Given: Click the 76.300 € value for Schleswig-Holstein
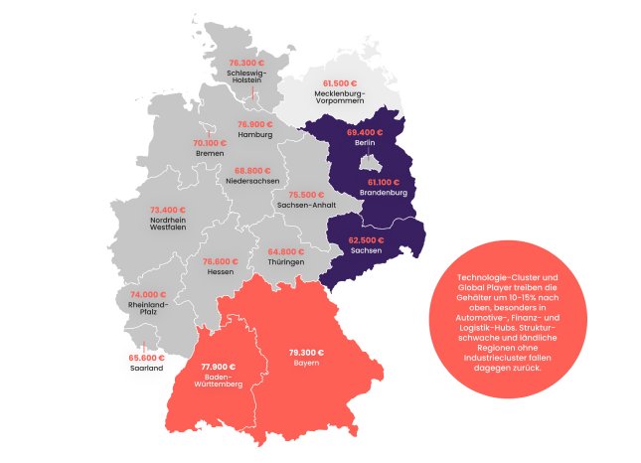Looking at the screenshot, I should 243,63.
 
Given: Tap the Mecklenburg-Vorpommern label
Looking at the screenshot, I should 341,96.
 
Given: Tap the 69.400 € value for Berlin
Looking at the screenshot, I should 365,131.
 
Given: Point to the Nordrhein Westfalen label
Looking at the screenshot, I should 168,226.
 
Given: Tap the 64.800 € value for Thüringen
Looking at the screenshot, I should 285,250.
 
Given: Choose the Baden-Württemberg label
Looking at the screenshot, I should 221,382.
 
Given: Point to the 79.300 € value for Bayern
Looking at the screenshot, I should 306,353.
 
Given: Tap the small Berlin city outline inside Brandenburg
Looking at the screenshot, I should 369,162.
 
